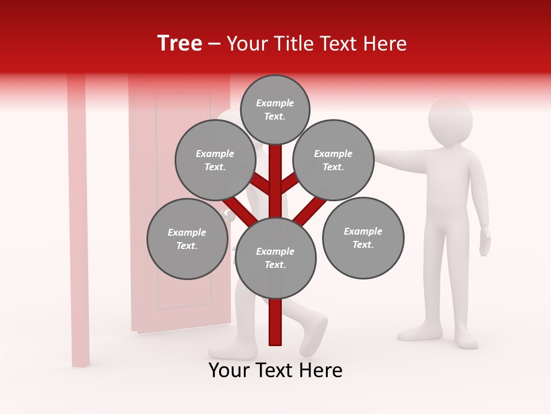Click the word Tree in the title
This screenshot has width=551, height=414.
point(180,43)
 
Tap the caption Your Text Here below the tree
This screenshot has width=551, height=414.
point(275,370)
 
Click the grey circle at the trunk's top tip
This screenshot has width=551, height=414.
point(275,109)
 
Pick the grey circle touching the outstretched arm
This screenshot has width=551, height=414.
point(333,160)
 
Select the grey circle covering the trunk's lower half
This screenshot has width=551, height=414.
point(275,258)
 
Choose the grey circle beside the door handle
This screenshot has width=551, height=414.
point(187,239)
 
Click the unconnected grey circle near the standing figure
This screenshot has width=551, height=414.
point(363,237)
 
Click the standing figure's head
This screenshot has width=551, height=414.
point(451,122)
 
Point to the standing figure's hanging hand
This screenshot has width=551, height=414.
point(485,241)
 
